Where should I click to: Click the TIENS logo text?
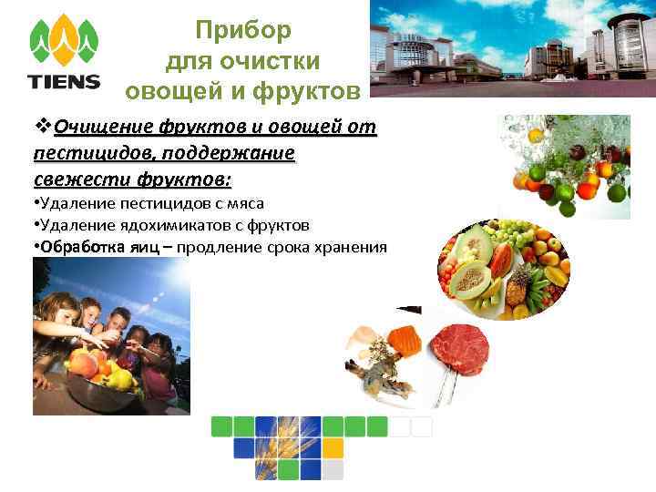pos(64,81)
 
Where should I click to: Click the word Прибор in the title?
pos(243,31)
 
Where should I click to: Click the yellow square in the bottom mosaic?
pos(333,447)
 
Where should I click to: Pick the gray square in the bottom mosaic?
pos(333,469)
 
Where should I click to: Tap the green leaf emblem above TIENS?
pos(64,40)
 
